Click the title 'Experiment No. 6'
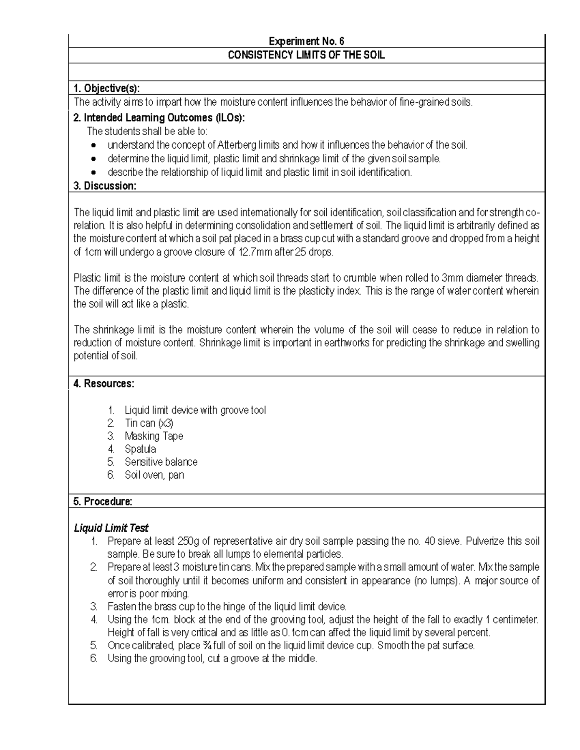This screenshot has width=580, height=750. (306, 41)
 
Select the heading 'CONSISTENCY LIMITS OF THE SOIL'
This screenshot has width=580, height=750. (306, 55)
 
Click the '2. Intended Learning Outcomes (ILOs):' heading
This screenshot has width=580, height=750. (159, 118)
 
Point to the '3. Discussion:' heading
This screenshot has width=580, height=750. (105, 186)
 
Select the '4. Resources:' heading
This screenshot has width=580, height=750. (104, 384)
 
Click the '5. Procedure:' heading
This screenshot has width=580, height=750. (102, 502)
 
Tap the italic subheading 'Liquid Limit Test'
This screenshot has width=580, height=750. (111, 528)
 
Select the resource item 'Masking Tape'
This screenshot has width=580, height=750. (154, 436)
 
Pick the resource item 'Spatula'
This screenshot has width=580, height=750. (140, 449)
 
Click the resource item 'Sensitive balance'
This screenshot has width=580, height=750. (161, 462)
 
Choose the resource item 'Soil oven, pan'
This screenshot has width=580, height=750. (154, 475)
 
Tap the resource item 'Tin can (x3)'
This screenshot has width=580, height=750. (149, 423)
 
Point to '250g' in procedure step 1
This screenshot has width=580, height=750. (188, 541)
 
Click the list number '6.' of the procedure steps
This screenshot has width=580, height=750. (94, 658)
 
